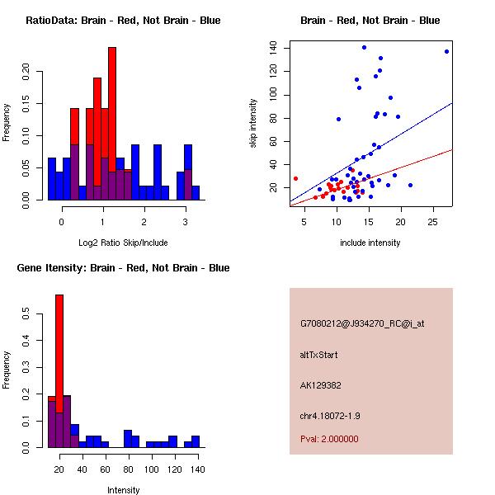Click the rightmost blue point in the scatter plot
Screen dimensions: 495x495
(x=446, y=51)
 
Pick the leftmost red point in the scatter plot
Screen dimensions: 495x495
(x=295, y=178)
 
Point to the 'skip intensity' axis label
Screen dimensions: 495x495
(x=253, y=123)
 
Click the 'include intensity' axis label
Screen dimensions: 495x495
(x=370, y=243)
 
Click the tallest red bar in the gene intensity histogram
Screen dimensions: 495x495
(x=59, y=371)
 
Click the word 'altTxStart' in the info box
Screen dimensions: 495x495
(x=319, y=355)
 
